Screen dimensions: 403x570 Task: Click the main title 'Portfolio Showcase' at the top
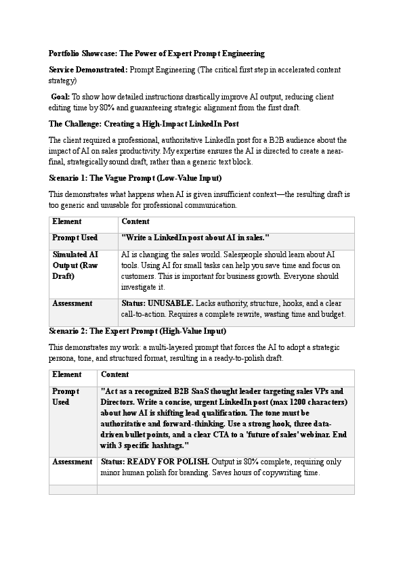pyautogui.click(x=156, y=53)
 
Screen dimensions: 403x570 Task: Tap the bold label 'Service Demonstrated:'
pyautogui.click(x=87, y=70)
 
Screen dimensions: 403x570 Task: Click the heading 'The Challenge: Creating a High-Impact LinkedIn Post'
pyautogui.click(x=144, y=123)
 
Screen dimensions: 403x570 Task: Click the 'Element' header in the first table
pyautogui.click(x=67, y=221)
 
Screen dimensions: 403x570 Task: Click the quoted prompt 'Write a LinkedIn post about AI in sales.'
pyautogui.click(x=195, y=238)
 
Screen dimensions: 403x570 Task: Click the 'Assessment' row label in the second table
pyautogui.click(x=72, y=462)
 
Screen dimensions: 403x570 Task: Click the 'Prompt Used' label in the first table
pyautogui.click(x=75, y=238)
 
